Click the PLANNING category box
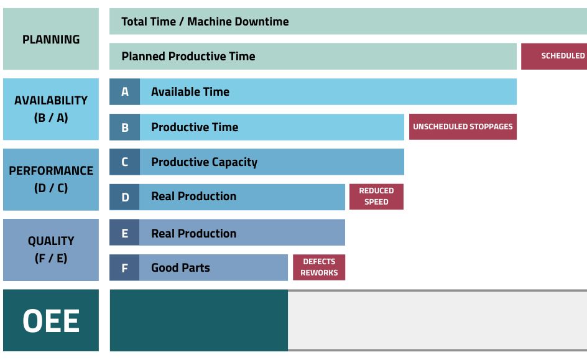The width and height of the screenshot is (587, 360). tap(51, 39)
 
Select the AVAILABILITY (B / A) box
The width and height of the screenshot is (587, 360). tap(51, 109)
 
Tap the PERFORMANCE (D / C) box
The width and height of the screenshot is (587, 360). tap(51, 179)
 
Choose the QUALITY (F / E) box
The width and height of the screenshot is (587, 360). tap(51, 249)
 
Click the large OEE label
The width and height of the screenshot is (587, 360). tap(51, 320)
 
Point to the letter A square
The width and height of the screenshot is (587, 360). tap(124, 91)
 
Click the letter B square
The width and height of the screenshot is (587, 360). tap(124, 127)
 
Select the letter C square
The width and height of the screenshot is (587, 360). tap(124, 162)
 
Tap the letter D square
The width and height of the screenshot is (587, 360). tap(124, 197)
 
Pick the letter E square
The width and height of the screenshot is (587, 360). tap(124, 233)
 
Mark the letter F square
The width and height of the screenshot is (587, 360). tap(124, 267)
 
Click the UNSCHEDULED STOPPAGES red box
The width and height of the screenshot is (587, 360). tap(463, 127)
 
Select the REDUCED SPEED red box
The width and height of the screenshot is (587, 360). tap(376, 196)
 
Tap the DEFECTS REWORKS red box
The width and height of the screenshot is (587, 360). tap(319, 267)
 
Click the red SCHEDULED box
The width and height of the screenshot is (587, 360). tap(554, 56)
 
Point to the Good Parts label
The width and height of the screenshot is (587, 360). tap(180, 267)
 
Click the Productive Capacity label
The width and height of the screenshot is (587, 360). tap(204, 162)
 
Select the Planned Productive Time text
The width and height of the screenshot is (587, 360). tap(188, 57)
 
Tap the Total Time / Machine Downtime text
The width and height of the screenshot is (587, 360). tap(205, 22)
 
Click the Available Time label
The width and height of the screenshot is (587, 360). tap(190, 91)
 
